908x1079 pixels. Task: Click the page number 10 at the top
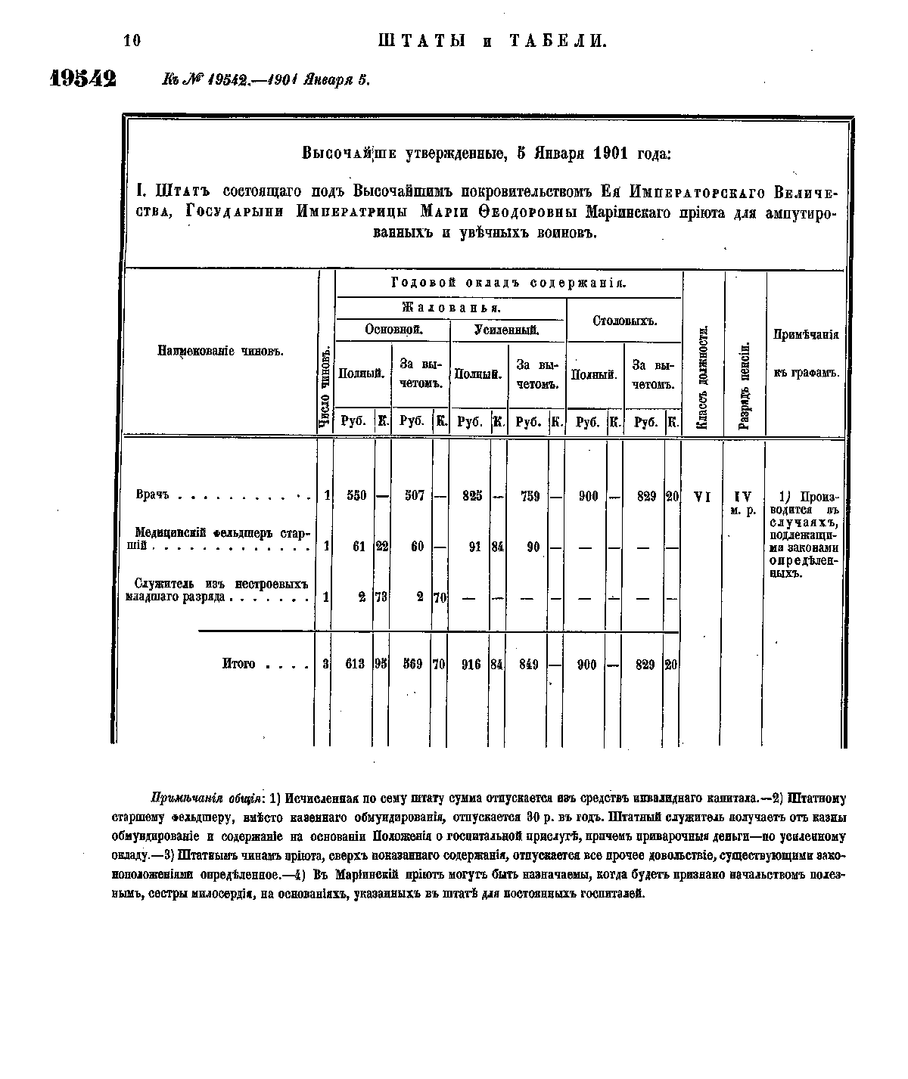[x=132, y=41]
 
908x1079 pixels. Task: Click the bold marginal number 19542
[x=82, y=78]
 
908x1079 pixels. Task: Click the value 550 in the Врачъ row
[x=356, y=496]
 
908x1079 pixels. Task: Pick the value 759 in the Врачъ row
[x=530, y=496]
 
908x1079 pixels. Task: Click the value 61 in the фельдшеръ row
[x=359, y=547]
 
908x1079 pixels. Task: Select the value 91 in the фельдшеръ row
[x=474, y=547]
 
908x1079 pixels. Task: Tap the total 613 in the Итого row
[x=354, y=665]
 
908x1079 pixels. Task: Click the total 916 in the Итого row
[x=471, y=665]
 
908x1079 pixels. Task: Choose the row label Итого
[x=238, y=665]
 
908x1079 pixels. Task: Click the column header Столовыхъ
[x=624, y=321]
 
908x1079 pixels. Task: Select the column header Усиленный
[x=506, y=330]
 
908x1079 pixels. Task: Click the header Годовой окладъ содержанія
[x=508, y=284]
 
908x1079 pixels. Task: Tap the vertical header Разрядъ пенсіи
[x=745, y=386]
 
